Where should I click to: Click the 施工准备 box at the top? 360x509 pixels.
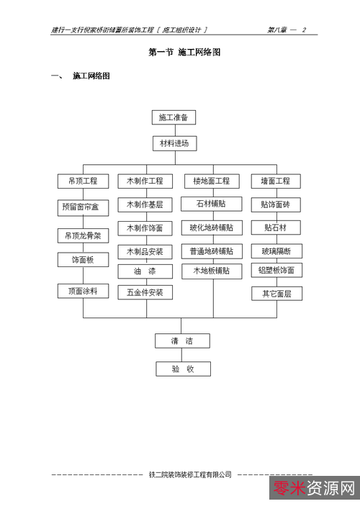174,117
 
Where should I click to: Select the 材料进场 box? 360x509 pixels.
174,143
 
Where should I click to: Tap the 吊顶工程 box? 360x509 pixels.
83,181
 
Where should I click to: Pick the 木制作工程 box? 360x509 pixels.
145,181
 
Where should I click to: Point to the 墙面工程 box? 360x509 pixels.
275,181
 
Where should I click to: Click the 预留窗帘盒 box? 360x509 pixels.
83,208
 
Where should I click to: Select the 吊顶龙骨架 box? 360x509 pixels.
83,235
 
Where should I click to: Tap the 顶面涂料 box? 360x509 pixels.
83,291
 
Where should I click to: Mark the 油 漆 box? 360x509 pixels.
145,271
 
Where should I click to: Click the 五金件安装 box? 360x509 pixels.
145,292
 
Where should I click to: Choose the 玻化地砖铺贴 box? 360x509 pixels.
211,228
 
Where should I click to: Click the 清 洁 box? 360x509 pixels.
183,341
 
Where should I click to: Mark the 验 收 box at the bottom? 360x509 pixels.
183,369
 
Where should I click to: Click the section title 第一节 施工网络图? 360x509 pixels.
184,53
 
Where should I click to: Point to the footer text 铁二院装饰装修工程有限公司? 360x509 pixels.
190,474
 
